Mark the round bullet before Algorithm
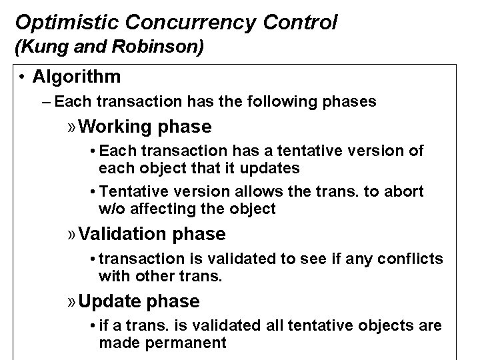(23, 77)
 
